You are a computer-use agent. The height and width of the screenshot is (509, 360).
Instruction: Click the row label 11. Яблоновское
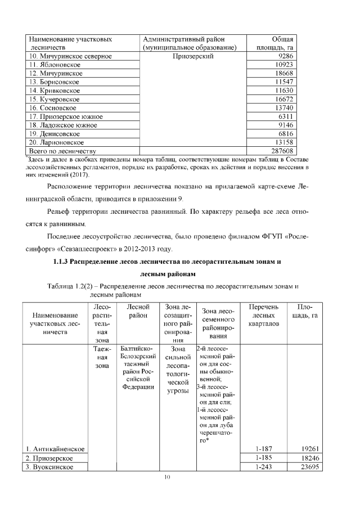(x=51, y=65)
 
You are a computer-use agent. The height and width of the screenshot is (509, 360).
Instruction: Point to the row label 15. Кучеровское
(x=52, y=99)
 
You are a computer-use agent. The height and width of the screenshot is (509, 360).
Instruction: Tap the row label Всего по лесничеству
(x=62, y=151)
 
